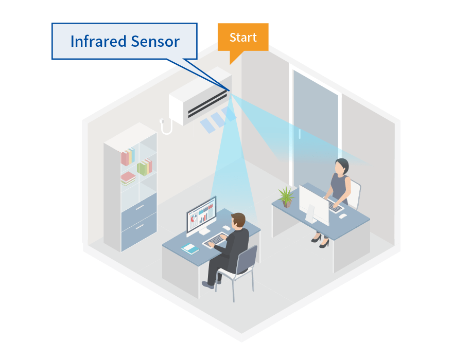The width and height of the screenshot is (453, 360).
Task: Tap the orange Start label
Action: pos(243,38)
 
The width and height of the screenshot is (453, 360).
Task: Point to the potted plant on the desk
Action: pos(286,196)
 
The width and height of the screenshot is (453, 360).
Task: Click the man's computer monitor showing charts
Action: pos(201,215)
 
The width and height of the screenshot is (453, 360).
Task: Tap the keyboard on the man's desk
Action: pos(215,239)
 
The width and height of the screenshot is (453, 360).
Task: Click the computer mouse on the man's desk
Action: pos(226,227)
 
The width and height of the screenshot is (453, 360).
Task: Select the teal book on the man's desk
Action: pos(190,249)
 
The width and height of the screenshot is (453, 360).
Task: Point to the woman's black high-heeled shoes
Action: pos(320,240)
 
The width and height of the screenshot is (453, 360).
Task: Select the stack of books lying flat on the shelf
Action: pos(128,178)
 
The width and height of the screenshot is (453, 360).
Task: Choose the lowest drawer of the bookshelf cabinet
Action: pos(139,228)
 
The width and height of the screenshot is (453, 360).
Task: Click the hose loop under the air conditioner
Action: pos(166,126)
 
